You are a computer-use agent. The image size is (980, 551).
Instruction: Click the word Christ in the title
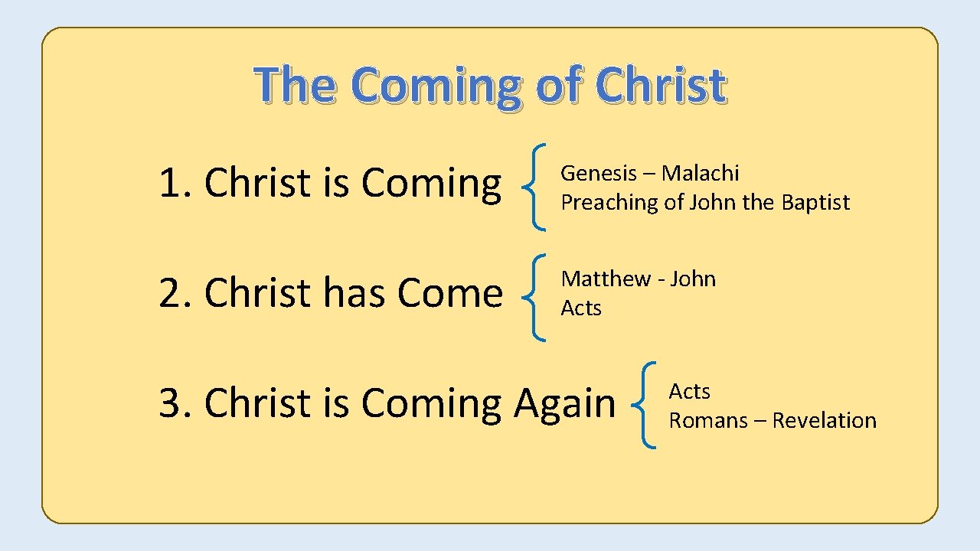(x=659, y=85)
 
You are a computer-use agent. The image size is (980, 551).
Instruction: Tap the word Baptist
(x=815, y=202)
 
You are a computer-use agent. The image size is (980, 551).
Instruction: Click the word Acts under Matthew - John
(x=581, y=308)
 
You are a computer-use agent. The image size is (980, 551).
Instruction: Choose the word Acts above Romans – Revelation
(x=689, y=391)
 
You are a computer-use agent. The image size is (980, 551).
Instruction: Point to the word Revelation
(x=824, y=420)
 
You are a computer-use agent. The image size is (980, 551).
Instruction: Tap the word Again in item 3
(x=564, y=403)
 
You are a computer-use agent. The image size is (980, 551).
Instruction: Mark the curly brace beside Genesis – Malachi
(x=534, y=187)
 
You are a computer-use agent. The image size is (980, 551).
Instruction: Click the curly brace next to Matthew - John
(x=534, y=297)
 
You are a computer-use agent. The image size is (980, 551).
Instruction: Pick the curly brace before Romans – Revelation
(x=644, y=405)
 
